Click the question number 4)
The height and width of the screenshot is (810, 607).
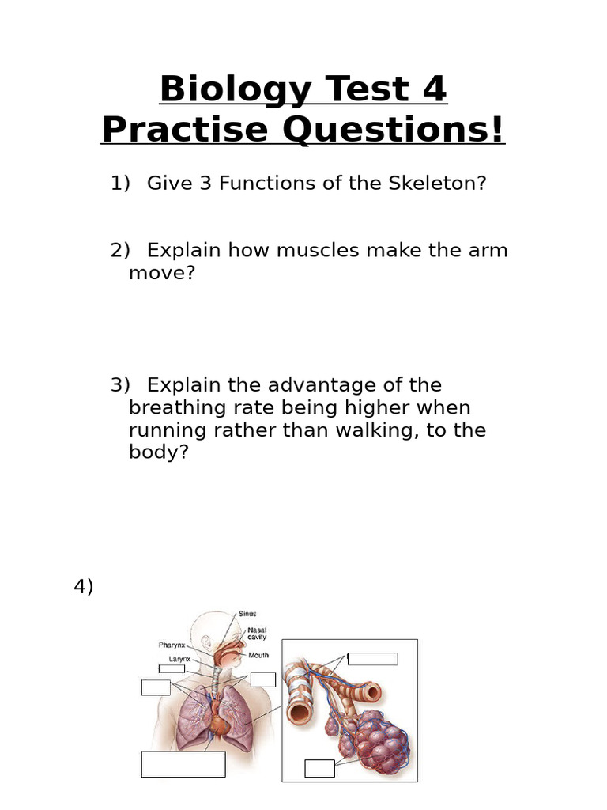(84, 586)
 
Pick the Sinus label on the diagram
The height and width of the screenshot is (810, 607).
(247, 613)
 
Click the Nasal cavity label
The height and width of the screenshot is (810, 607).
(257, 633)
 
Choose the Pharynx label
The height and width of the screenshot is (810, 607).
(172, 645)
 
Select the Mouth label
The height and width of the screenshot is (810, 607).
(258, 655)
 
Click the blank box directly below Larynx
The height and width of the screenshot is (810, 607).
(172, 669)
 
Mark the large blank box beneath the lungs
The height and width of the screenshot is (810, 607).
(183, 764)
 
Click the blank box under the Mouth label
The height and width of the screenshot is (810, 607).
(263, 679)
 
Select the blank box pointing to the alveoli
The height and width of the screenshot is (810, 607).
(319, 768)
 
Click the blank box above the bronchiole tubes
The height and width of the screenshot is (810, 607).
(372, 659)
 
